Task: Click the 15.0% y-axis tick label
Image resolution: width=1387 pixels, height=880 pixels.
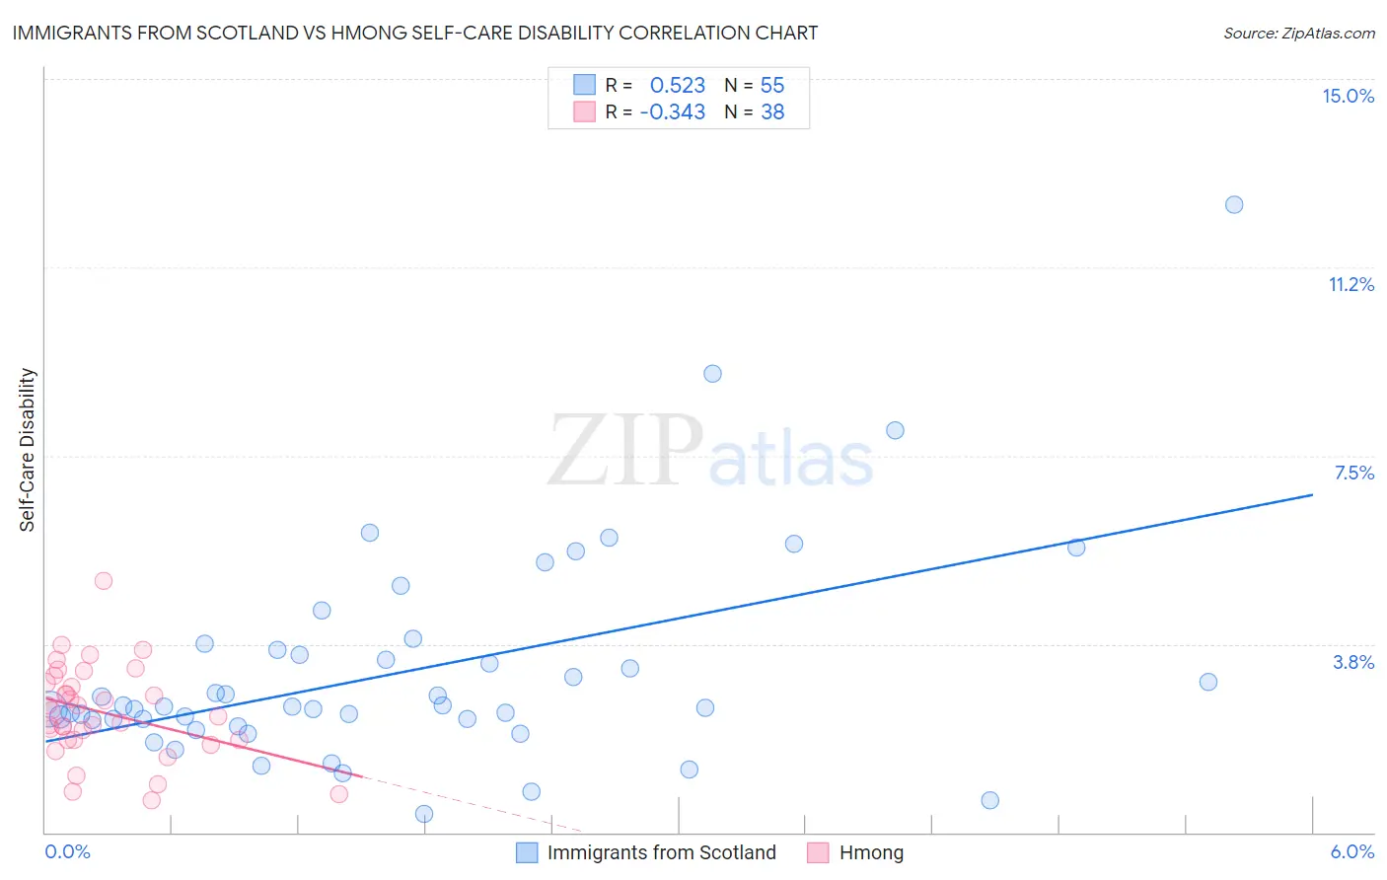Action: pyautogui.click(x=1348, y=96)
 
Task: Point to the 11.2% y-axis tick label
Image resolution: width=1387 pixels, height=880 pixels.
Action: pyautogui.click(x=1350, y=284)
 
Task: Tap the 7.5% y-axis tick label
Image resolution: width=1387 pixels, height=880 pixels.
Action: pyautogui.click(x=1353, y=473)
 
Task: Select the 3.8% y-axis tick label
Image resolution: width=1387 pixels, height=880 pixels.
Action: pyautogui.click(x=1353, y=662)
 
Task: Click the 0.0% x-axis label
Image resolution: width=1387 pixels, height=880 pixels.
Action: pyautogui.click(x=67, y=851)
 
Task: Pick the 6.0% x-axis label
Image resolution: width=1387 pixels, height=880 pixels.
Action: pyautogui.click(x=1351, y=851)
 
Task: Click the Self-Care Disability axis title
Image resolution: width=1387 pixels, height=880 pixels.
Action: pyautogui.click(x=28, y=450)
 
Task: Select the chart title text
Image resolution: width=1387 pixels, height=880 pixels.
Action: pyautogui.click(x=414, y=33)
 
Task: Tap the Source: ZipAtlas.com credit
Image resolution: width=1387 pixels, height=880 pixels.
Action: pyautogui.click(x=1298, y=33)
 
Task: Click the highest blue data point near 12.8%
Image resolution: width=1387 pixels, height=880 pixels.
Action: pyautogui.click(x=1234, y=205)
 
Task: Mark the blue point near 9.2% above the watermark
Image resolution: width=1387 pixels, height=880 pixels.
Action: pyautogui.click(x=712, y=374)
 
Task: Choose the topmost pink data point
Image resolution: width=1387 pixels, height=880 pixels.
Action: pyautogui.click(x=104, y=581)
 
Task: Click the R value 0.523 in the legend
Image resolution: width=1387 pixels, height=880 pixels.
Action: pyautogui.click(x=677, y=86)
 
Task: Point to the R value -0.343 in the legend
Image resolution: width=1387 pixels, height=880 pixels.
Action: pyautogui.click(x=672, y=112)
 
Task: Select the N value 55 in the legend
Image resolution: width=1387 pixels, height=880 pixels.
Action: pyautogui.click(x=772, y=86)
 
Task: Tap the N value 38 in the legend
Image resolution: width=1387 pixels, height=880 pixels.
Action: pyautogui.click(x=772, y=112)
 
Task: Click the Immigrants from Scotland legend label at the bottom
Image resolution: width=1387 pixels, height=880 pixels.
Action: pyautogui.click(x=661, y=852)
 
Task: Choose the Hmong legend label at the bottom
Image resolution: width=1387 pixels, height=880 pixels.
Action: pyautogui.click(x=871, y=852)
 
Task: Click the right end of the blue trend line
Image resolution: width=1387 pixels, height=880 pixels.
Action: pyautogui.click(x=1312, y=494)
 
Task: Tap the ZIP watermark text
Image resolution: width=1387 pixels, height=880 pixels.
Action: pyautogui.click(x=625, y=451)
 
